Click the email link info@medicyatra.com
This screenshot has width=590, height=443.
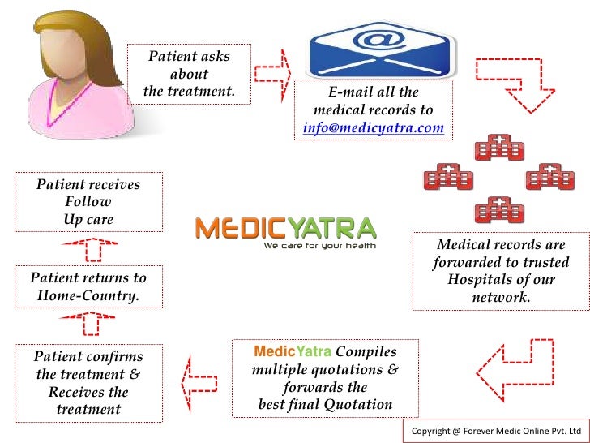click(374, 127)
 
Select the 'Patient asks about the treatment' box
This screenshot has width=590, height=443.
click(189, 75)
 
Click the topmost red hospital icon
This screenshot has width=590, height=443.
click(498, 151)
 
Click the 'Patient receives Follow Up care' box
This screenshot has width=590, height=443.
click(88, 202)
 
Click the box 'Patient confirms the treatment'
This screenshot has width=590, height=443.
click(88, 382)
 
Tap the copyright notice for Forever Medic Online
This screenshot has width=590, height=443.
click(496, 430)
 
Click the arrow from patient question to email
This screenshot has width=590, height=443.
click(273, 75)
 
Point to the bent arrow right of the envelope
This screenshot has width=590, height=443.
click(510, 84)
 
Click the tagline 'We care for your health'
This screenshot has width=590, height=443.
click(319, 245)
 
